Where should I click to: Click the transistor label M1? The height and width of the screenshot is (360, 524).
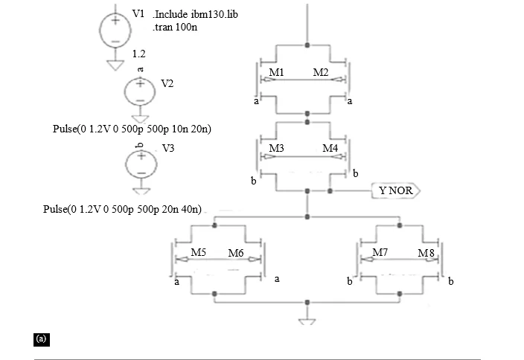(276, 72)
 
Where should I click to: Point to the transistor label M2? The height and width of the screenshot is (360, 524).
(321, 72)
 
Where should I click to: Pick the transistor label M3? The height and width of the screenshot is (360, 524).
(276, 148)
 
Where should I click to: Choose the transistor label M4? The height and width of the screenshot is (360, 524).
(330, 148)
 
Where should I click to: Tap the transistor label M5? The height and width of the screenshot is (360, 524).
(199, 252)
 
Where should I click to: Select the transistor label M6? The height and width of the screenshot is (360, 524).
(236, 253)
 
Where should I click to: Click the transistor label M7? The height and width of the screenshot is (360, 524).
(380, 252)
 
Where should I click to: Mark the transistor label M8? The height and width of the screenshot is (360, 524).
(426, 253)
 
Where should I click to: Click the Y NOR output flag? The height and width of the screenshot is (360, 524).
(396, 190)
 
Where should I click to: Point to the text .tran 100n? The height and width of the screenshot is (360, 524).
(175, 27)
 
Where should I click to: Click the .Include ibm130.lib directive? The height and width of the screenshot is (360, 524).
(196, 14)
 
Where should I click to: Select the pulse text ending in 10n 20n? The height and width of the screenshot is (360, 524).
(132, 129)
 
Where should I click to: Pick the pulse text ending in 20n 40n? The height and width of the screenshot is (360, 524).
(122, 209)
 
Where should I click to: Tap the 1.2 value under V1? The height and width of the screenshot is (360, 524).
(138, 54)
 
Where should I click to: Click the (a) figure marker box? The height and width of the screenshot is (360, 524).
(42, 339)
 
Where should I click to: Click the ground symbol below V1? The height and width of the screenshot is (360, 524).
(115, 65)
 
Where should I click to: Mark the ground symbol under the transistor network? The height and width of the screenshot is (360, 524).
(307, 321)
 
